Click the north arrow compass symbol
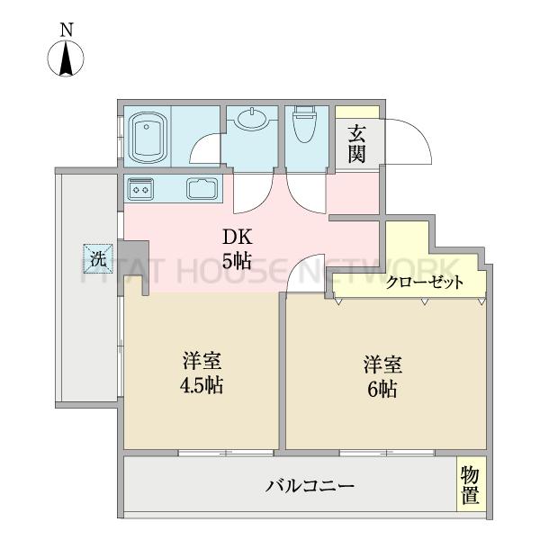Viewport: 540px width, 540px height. point(66,58)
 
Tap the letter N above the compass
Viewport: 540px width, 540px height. point(67,30)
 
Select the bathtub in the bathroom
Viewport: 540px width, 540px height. point(148,138)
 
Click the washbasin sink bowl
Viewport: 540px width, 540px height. point(252,119)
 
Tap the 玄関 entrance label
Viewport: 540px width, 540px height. point(356,144)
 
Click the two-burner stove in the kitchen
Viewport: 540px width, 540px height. point(140,189)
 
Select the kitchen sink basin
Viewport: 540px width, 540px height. point(202,188)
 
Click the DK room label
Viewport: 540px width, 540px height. point(238,237)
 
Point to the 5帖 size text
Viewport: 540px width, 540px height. point(236,261)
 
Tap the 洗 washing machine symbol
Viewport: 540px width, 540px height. point(98,258)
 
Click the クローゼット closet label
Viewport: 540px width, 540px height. point(425,283)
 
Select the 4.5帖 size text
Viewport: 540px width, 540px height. point(202,385)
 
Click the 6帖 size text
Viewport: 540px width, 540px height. point(382,389)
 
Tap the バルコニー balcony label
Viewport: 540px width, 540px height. point(310,486)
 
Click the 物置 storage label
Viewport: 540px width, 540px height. point(471,485)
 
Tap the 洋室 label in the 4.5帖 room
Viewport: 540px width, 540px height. point(202,361)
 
